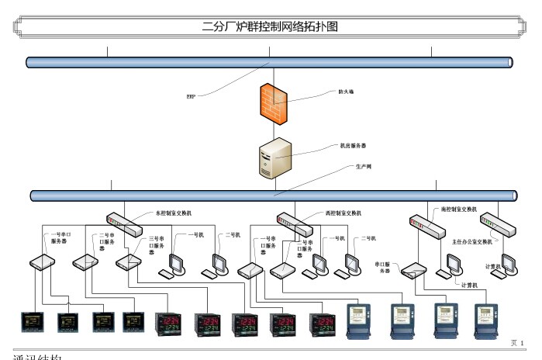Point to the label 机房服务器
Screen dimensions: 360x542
(x=354, y=145)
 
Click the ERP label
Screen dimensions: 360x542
(x=190, y=96)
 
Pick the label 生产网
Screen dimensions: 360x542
(x=363, y=167)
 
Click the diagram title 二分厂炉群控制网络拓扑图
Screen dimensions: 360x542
(x=270, y=26)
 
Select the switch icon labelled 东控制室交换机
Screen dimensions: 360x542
(x=125, y=224)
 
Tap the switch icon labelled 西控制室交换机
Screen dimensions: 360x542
(x=295, y=224)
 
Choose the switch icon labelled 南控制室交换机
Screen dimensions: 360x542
(x=426, y=225)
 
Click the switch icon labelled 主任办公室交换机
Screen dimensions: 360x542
(x=498, y=224)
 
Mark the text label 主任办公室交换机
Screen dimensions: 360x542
(x=472, y=241)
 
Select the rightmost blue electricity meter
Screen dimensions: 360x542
(x=485, y=321)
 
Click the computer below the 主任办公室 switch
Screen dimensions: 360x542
(x=509, y=265)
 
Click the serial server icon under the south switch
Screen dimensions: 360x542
(x=413, y=271)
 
